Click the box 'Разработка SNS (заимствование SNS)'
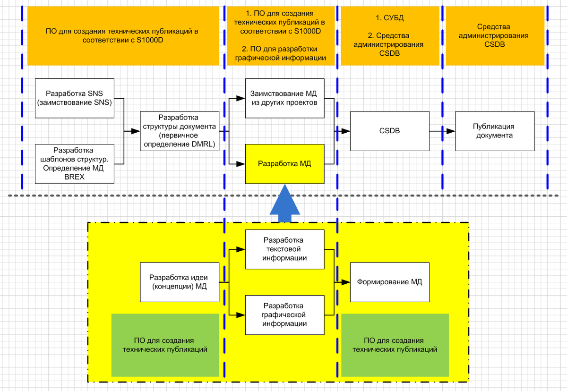(75, 98)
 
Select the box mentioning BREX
(75, 164)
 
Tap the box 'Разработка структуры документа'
(180, 131)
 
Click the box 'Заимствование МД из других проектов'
(284, 98)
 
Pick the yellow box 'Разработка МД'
(284, 164)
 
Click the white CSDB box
(389, 131)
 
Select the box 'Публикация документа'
(494, 131)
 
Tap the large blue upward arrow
(285, 203)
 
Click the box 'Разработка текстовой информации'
(284, 249)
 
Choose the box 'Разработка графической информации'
(284, 315)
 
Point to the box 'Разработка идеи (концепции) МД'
(180, 282)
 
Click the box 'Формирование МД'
(389, 282)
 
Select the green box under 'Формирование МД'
(395, 345)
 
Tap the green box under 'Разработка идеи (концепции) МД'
(164, 345)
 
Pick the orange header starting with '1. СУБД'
(389, 36)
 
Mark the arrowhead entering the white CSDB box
(347, 131)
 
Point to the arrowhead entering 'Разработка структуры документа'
(137, 131)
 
